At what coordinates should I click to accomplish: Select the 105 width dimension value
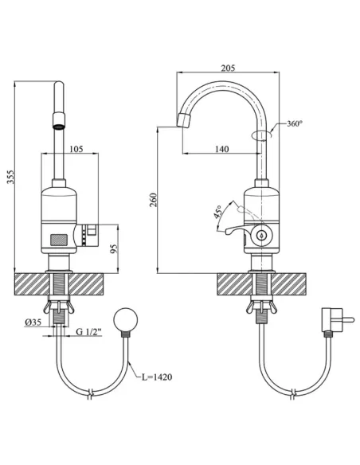click(77, 149)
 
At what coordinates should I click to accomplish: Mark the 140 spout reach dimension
click(222, 149)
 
